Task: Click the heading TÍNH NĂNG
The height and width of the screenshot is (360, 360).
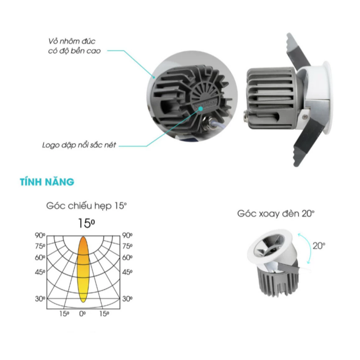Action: click(47, 182)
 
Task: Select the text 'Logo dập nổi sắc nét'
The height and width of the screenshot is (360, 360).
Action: click(79, 146)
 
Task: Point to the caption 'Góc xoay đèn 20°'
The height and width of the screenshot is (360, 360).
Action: click(276, 213)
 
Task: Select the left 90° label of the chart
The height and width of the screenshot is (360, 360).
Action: click(40, 235)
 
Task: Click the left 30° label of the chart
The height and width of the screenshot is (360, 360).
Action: click(40, 299)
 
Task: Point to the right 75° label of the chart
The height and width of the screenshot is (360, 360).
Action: click(127, 246)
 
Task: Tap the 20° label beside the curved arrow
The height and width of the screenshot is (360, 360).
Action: click(318, 246)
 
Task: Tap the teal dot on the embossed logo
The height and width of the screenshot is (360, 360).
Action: click(201, 108)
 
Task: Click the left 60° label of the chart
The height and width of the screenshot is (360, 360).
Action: click(40, 258)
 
